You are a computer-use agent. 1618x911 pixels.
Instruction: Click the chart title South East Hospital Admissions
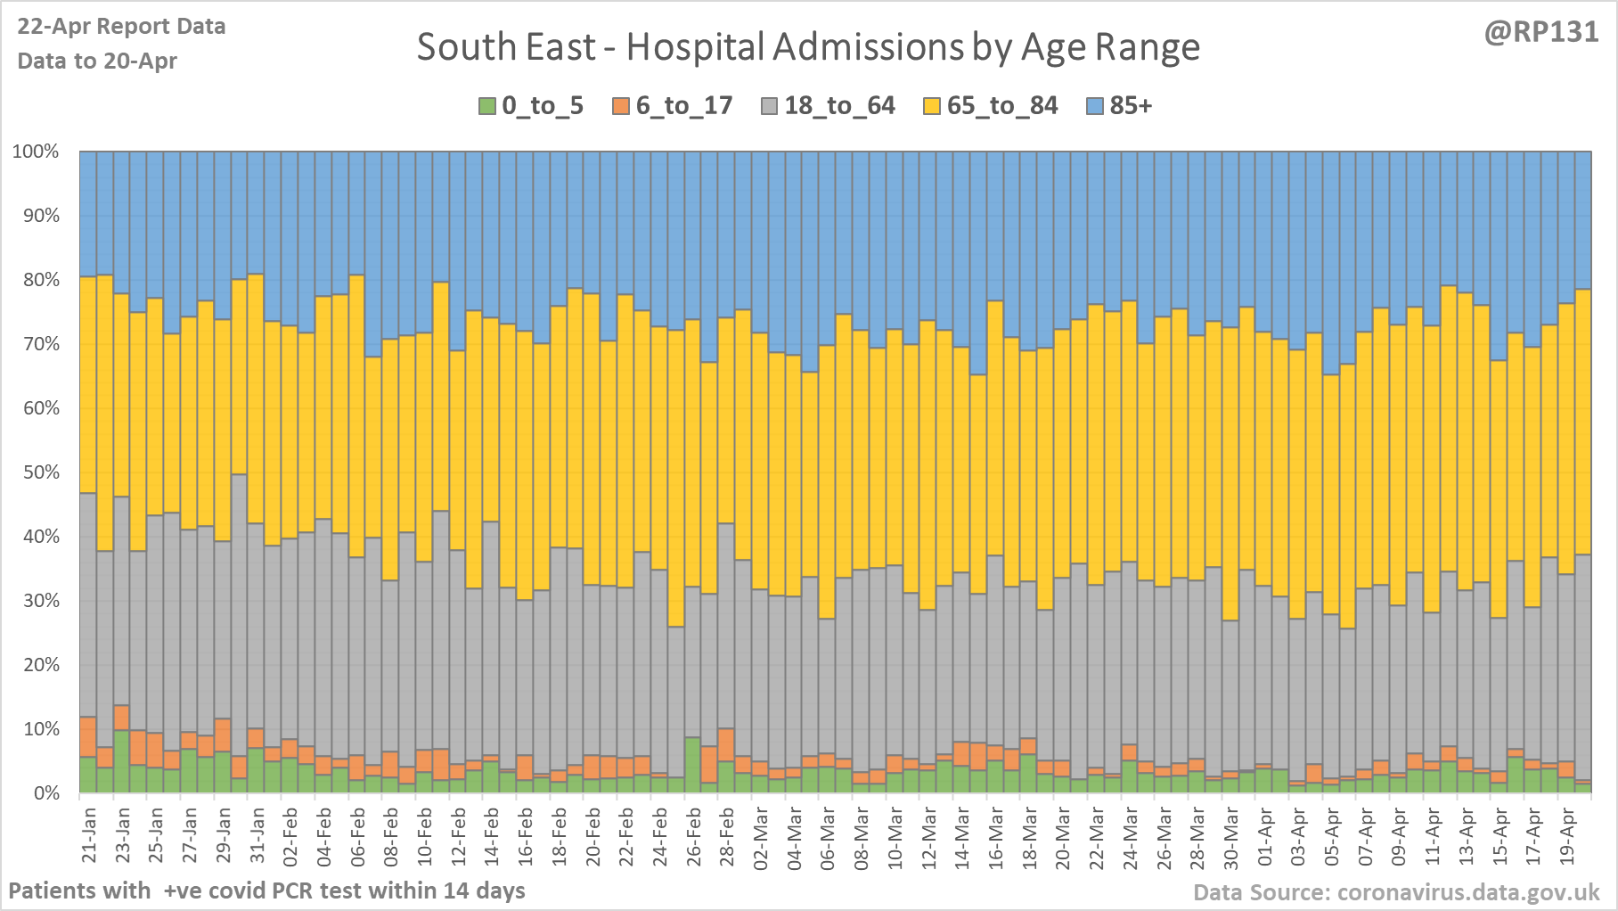pyautogui.click(x=808, y=47)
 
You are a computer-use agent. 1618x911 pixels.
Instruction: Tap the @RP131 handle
pyautogui.click(x=1540, y=32)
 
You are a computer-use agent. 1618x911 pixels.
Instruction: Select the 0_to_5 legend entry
pyautogui.click(x=532, y=106)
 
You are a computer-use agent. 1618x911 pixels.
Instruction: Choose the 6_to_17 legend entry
pyautogui.click(x=673, y=106)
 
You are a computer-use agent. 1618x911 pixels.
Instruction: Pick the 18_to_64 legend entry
pyautogui.click(x=829, y=106)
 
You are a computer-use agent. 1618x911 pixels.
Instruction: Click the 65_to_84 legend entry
pyautogui.click(x=991, y=106)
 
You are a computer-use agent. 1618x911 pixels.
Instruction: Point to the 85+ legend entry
pyautogui.click(x=1120, y=106)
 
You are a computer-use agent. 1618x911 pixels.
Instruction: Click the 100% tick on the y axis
pyautogui.click(x=36, y=152)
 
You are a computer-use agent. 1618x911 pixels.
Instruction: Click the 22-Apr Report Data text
pyautogui.click(x=121, y=27)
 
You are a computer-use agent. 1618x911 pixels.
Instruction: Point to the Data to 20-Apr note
pyautogui.click(x=97, y=62)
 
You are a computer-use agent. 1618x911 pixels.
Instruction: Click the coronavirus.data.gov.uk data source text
pyautogui.click(x=1396, y=892)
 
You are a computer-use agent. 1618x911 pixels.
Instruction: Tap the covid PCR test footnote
pyautogui.click(x=266, y=890)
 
